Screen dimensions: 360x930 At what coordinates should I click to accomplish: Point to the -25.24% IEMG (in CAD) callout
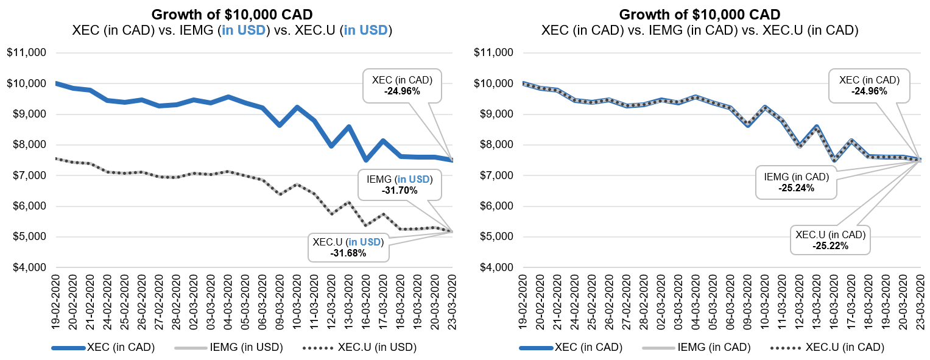(796, 182)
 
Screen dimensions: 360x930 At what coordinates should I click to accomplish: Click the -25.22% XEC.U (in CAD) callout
(830, 239)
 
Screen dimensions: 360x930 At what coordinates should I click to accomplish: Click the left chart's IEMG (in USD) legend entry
(229, 348)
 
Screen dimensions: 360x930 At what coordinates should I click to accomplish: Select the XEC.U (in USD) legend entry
(360, 348)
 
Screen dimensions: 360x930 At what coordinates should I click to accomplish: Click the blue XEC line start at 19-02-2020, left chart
(57, 83)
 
